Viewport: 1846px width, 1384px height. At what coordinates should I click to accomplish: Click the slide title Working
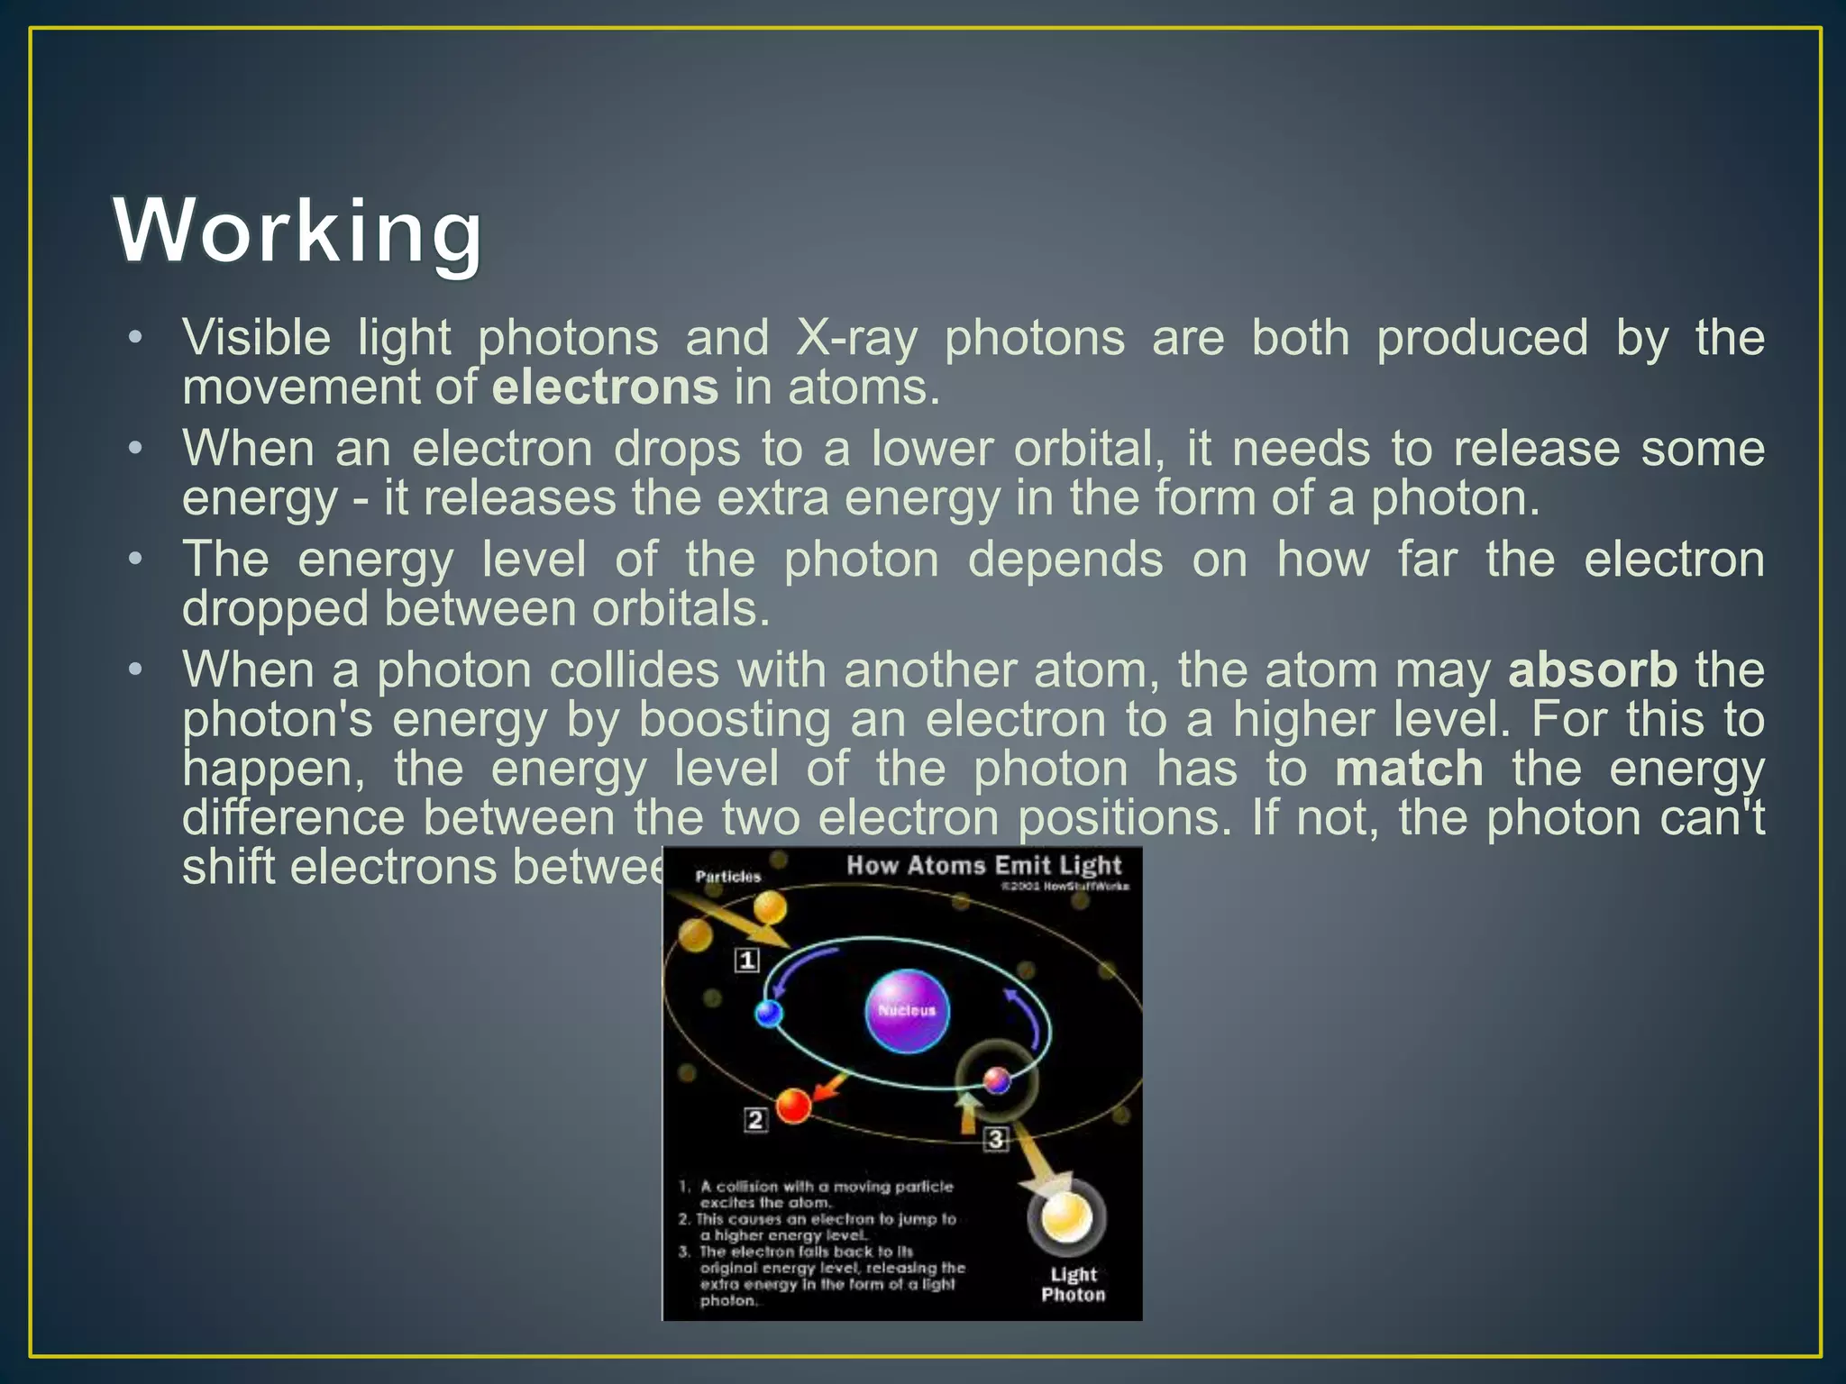[298, 232]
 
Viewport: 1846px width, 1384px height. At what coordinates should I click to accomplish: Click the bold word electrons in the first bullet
[605, 387]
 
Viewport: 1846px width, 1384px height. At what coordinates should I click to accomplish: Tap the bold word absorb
[1593, 670]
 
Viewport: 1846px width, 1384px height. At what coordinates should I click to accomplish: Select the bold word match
[1409, 769]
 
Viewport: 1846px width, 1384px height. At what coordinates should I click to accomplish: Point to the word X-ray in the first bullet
[856, 339]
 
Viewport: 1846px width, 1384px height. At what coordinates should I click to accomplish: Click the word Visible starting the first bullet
[256, 339]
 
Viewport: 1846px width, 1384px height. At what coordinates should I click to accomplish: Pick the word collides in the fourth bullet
[635, 670]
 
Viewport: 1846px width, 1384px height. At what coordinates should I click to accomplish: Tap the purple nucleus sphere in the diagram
[907, 1011]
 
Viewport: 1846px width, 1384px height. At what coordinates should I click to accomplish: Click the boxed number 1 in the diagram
[747, 961]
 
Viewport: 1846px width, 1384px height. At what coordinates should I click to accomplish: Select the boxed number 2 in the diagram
[755, 1120]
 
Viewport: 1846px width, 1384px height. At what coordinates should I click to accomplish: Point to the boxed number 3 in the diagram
[995, 1139]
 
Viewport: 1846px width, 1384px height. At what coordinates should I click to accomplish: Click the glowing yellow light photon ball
[1066, 1218]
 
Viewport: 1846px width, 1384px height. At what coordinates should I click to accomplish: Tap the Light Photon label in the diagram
[1073, 1284]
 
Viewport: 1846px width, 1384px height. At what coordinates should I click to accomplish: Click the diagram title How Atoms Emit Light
[983, 866]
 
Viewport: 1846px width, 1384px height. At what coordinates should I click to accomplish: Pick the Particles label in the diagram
[728, 876]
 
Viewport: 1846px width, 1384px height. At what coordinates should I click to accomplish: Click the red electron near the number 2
[794, 1105]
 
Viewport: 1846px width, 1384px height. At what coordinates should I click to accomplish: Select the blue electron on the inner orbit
[769, 1014]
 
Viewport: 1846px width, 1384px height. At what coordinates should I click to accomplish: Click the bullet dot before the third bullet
[135, 560]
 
